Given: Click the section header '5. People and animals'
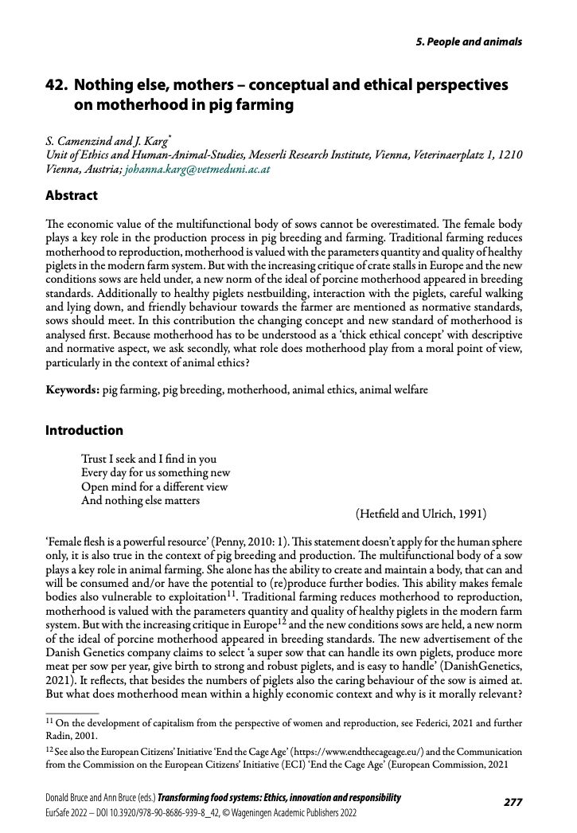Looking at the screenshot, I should pyautogui.click(x=470, y=41).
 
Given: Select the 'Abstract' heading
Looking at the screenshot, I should pyautogui.click(x=72, y=195).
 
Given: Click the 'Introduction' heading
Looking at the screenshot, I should pyautogui.click(x=84, y=430).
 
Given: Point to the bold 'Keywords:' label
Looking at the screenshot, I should pyautogui.click(x=72, y=390).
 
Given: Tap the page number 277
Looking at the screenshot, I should pyautogui.click(x=513, y=802).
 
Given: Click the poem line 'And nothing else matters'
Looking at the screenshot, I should pyautogui.click(x=140, y=501).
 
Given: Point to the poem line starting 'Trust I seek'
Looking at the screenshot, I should pyautogui.click(x=148, y=460).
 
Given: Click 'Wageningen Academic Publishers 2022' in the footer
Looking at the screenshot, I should pyautogui.click(x=287, y=814).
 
